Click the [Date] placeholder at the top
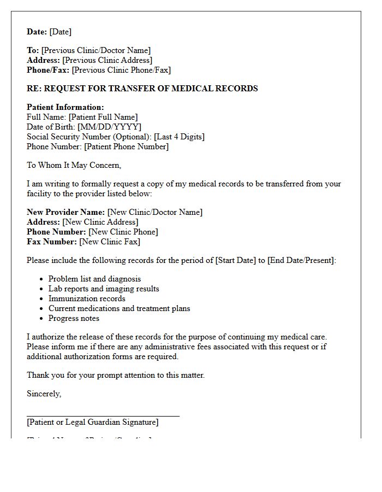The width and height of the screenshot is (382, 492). click(61, 32)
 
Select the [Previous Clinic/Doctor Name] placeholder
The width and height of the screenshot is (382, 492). click(96, 50)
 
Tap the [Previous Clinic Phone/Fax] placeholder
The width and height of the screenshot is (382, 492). click(121, 70)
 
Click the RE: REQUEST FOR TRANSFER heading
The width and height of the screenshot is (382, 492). click(142, 89)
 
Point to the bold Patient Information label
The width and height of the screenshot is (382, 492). click(65, 107)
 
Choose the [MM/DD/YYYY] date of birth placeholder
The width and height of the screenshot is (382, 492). click(109, 127)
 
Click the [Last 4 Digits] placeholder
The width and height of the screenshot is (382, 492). click(179, 137)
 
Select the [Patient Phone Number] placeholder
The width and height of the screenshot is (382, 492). click(126, 147)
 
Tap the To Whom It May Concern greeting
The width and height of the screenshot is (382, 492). click(74, 165)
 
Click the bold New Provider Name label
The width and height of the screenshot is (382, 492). click(65, 212)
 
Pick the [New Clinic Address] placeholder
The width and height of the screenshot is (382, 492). click(100, 222)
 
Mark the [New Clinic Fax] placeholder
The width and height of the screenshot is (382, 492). click(110, 242)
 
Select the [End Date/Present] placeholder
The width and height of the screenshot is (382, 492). click(301, 260)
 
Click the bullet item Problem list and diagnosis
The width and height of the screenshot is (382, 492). click(94, 279)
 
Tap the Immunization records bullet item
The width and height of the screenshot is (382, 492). click(87, 298)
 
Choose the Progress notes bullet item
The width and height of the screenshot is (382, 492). click(74, 318)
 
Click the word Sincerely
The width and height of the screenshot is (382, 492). click(44, 394)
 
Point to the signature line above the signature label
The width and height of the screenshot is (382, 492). click(103, 416)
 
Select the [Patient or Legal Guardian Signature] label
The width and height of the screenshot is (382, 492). click(92, 422)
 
